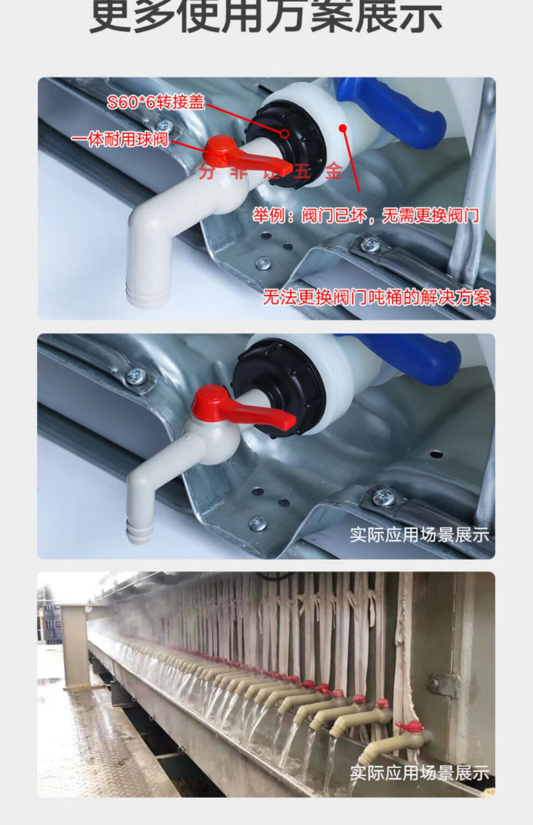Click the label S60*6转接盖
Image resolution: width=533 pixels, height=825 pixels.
click(156, 102)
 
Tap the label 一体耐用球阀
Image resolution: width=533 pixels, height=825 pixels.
click(120, 140)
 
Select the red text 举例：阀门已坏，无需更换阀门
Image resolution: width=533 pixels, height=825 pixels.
click(366, 216)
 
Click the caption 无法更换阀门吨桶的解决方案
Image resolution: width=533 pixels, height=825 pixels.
click(376, 297)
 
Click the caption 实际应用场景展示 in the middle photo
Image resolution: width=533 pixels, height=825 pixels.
click(419, 535)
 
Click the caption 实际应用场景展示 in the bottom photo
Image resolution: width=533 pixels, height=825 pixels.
click(419, 773)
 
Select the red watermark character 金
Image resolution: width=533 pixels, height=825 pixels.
click(334, 172)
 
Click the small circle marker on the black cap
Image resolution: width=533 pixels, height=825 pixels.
click(285, 133)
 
